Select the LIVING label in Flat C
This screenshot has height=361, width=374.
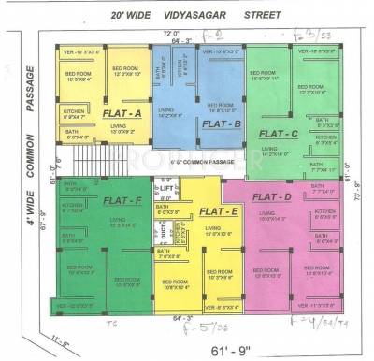(270, 148)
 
